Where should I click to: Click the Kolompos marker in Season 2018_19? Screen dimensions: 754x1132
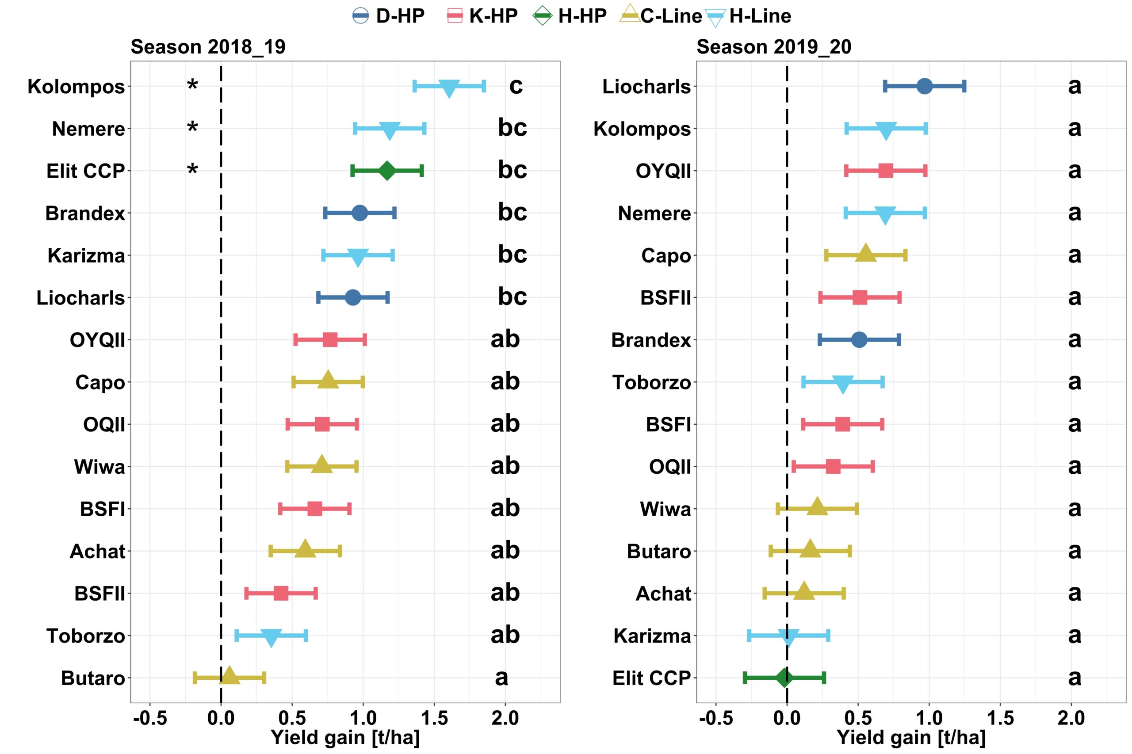pyautogui.click(x=449, y=88)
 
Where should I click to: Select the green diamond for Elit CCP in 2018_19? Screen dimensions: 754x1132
pyautogui.click(x=387, y=171)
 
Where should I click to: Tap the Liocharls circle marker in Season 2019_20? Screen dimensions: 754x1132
pyautogui.click(x=924, y=87)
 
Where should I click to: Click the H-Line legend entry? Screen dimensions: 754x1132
pyautogui.click(x=749, y=16)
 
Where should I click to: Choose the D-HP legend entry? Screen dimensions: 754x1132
pyautogui.click(x=389, y=16)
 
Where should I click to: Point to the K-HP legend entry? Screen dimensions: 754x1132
pyautogui.click(x=482, y=16)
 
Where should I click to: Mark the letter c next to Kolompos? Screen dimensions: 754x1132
pyautogui.click(x=516, y=86)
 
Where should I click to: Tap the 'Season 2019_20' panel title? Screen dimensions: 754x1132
pyautogui.click(x=773, y=47)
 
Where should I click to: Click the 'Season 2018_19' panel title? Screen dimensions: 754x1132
pyautogui.click(x=208, y=47)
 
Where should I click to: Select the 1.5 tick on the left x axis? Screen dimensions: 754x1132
pyautogui.click(x=434, y=718)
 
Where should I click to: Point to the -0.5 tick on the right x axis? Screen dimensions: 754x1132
pyautogui.click(x=715, y=718)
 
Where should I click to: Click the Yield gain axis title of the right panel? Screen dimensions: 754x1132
pyautogui.click(x=911, y=738)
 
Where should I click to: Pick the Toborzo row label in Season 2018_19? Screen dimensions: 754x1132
pyautogui.click(x=86, y=636)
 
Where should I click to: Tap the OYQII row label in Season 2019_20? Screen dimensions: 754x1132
pyautogui.click(x=663, y=171)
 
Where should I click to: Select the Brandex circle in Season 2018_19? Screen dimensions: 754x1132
pyautogui.click(x=359, y=213)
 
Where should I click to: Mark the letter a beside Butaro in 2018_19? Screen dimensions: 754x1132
pyautogui.click(x=501, y=677)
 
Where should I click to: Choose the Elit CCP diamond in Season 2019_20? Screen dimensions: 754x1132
pyautogui.click(x=784, y=678)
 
